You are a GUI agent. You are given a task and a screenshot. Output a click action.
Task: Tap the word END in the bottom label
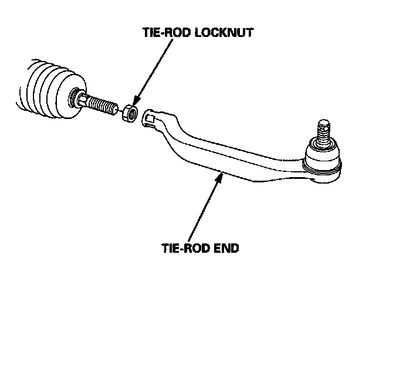tap(225, 248)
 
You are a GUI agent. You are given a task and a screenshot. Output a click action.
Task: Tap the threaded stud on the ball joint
tap(324, 132)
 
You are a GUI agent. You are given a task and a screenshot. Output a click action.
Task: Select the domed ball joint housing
tap(323, 154)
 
